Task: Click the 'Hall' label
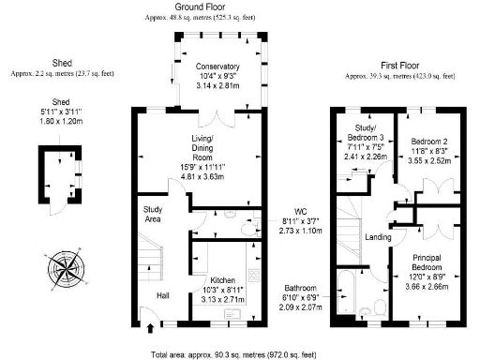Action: point(162,296)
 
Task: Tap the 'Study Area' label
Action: point(154,214)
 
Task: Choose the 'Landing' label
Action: point(377,236)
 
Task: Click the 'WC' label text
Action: point(300,211)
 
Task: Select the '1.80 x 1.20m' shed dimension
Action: point(61,121)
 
